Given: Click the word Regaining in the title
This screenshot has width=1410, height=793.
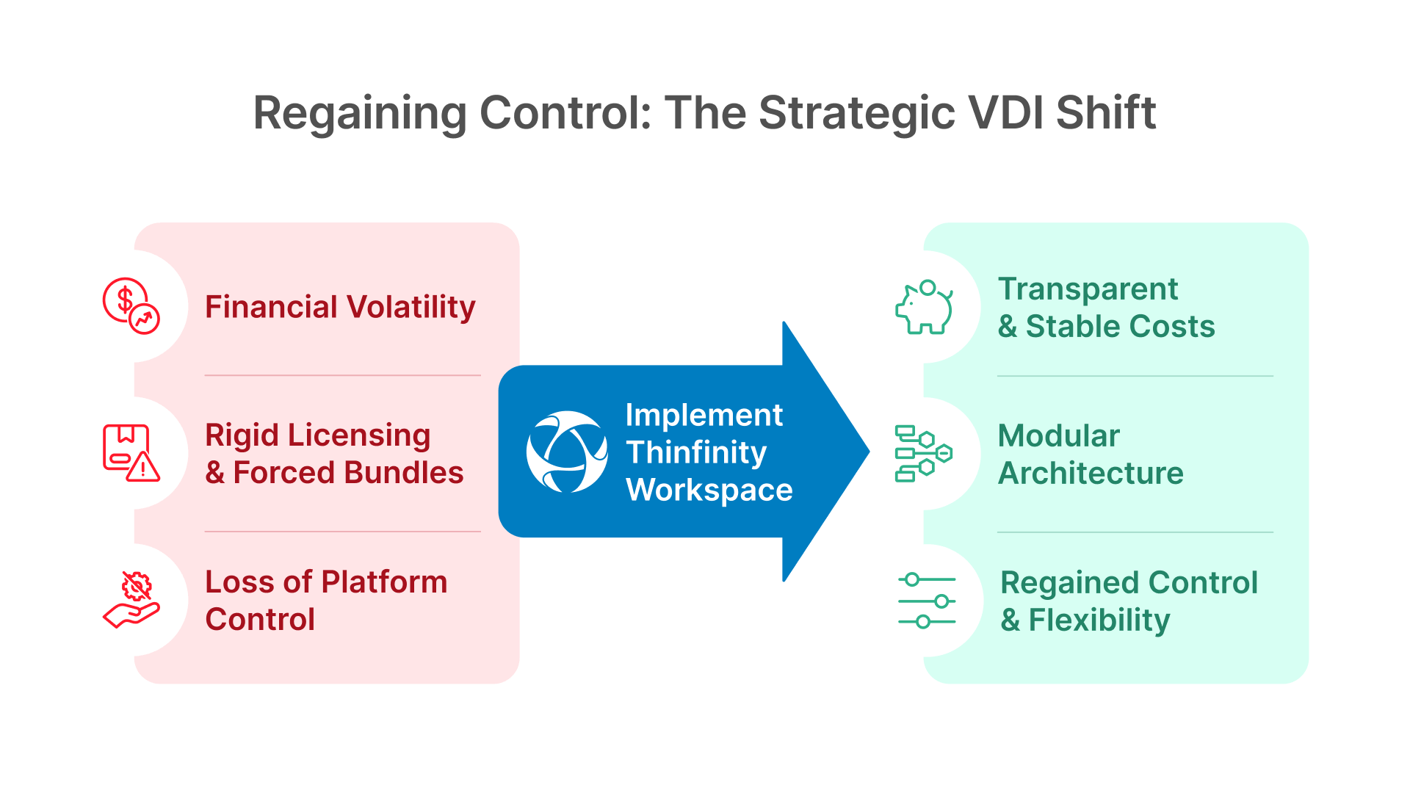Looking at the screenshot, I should (359, 114).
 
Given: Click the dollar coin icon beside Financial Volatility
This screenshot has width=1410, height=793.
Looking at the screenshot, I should (131, 305).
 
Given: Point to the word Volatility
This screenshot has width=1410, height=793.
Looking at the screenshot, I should (411, 306).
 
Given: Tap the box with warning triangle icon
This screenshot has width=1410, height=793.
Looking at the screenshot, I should (131, 453).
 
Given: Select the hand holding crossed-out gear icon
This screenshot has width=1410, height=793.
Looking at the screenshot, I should (131, 600).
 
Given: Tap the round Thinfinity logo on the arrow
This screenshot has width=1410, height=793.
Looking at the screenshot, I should (566, 452).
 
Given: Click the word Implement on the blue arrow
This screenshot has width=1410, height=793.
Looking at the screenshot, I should (704, 415).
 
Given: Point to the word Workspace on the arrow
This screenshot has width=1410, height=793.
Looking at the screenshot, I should (709, 490).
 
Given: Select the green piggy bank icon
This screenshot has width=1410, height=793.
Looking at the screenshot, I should (924, 307).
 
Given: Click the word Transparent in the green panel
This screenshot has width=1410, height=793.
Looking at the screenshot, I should (1088, 289).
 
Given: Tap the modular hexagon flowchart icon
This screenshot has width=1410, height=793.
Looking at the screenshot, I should (923, 453).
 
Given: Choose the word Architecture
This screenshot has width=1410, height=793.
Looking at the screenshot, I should (1091, 473).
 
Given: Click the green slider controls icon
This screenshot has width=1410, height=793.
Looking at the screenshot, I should (927, 601).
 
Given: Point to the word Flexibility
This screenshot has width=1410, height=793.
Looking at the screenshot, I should (1099, 620).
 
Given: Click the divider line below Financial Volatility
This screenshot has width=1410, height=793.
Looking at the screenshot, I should (342, 375).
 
